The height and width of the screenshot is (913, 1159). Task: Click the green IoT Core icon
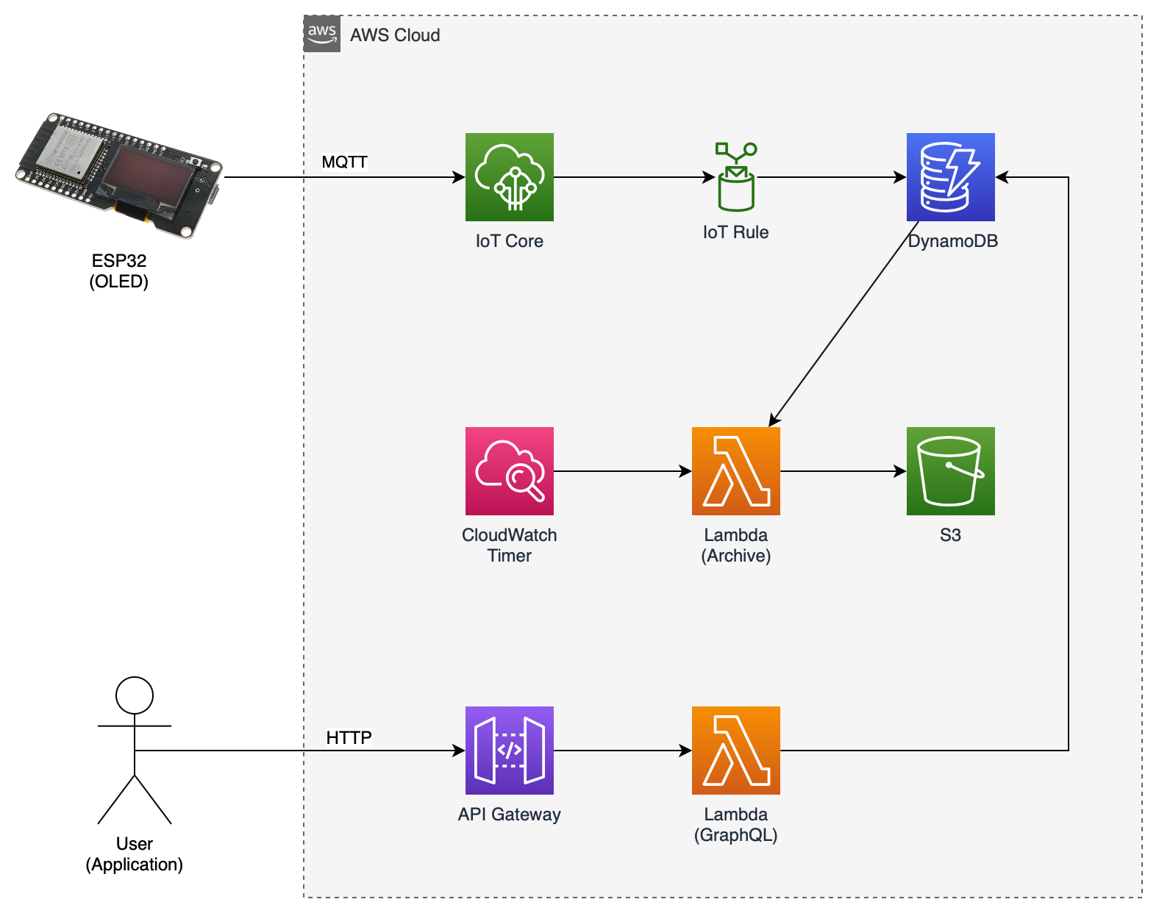coord(509,177)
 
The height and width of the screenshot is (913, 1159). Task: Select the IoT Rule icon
coord(735,177)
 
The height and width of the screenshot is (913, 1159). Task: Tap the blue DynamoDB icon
coord(950,177)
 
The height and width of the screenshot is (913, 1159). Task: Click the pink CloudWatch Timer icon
coord(509,471)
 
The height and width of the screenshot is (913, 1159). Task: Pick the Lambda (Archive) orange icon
coord(735,471)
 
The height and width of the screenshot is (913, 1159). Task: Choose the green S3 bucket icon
coord(950,471)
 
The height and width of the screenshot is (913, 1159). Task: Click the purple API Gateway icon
coord(509,751)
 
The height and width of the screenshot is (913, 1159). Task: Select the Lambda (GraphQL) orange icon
coord(735,751)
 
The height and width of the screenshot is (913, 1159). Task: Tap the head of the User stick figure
coord(135,695)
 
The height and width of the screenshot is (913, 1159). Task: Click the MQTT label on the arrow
coord(344,162)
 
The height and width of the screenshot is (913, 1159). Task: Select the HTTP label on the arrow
coord(349,737)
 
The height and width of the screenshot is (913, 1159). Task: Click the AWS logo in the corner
coord(322,34)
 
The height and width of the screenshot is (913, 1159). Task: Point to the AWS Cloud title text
coord(395,35)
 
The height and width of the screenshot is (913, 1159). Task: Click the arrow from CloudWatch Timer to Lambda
coord(622,471)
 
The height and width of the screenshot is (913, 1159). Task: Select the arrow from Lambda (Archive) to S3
coord(843,471)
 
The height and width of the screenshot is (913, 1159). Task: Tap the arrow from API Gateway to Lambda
coord(622,751)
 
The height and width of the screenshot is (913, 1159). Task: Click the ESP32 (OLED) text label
coord(119,271)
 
